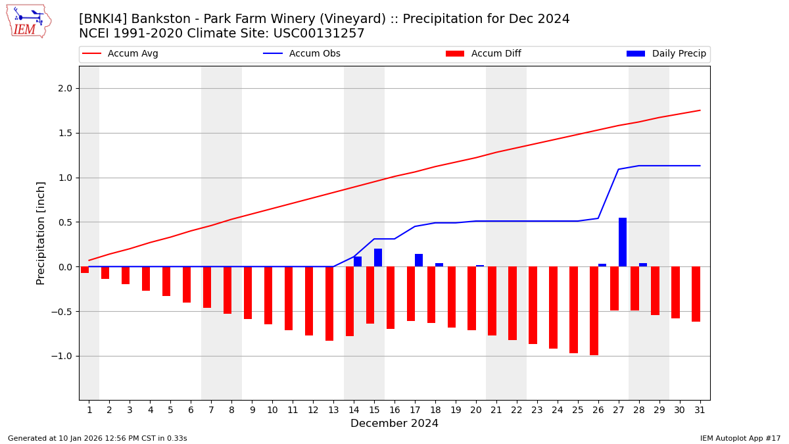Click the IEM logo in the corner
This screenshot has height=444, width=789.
[x=28, y=20]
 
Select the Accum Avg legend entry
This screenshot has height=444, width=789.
[x=133, y=54]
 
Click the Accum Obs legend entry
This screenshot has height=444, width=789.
[x=314, y=54]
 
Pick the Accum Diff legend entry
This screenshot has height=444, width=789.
[x=496, y=54]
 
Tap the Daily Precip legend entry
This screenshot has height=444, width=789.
[x=679, y=54]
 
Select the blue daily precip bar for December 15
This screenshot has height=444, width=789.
[x=378, y=258]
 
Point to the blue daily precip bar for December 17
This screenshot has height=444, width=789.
[x=419, y=260]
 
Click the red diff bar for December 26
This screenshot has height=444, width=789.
[x=594, y=310]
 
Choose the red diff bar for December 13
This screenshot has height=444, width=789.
[x=329, y=303]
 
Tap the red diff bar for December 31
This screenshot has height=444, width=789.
[x=696, y=294]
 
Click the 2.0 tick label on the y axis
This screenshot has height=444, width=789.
[x=66, y=89]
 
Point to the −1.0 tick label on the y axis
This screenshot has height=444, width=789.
[x=63, y=356]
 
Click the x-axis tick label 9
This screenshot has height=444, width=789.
[x=252, y=410]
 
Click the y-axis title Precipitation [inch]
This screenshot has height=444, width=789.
[x=41, y=233]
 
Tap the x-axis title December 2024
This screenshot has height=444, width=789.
[x=394, y=424]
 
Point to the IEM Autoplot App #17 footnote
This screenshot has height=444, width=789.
[x=740, y=438]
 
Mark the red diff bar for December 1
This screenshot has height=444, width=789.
[x=85, y=270]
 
